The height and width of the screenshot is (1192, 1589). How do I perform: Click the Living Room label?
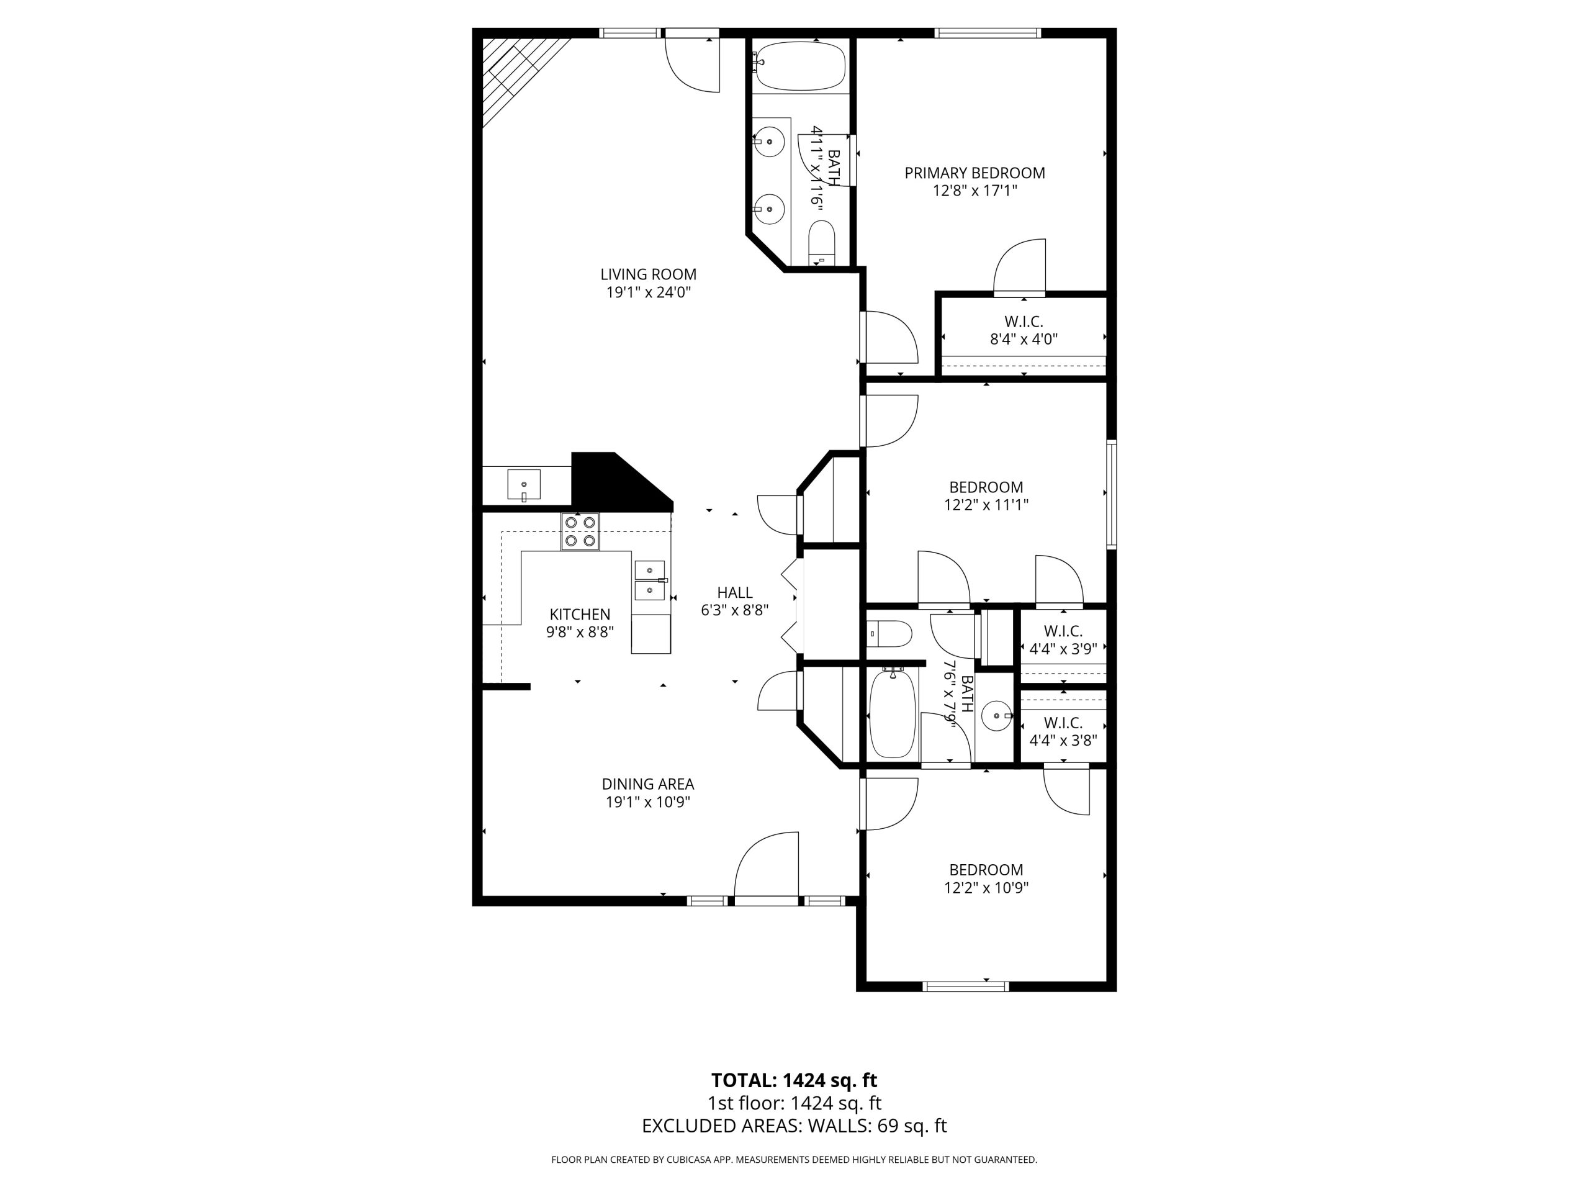[x=648, y=274]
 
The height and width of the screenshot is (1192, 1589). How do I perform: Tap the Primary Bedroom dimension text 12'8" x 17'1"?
[x=975, y=191]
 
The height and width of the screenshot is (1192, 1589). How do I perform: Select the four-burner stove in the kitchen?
[x=580, y=531]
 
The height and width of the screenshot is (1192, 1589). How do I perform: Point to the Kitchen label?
[x=580, y=615]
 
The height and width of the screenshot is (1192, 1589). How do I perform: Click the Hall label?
[x=735, y=593]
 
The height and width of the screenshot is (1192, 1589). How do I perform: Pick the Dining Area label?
[x=648, y=784]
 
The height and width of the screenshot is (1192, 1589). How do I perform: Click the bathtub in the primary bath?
[x=800, y=65]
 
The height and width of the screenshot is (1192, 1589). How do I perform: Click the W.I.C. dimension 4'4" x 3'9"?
[x=1063, y=649]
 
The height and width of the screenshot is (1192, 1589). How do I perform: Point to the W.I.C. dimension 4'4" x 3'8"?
[x=1063, y=741]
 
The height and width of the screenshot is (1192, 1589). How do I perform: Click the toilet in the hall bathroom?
[x=890, y=634]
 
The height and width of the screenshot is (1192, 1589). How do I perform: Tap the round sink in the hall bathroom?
[x=996, y=716]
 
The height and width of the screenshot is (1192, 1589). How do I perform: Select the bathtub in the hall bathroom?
[x=892, y=713]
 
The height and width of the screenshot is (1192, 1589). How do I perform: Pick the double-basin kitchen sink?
[x=650, y=580]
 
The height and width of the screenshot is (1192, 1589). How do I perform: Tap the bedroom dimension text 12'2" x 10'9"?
[x=986, y=888]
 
